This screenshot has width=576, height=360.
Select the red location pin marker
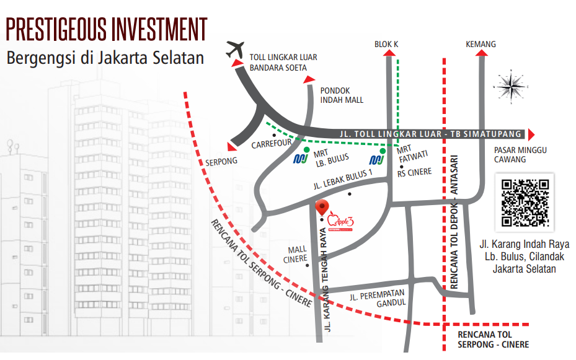[x=322, y=208]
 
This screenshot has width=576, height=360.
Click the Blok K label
[x=386, y=44]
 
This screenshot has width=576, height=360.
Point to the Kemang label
[x=481, y=44]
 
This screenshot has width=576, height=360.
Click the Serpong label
[x=221, y=162]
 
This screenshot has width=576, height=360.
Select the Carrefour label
[x=272, y=144]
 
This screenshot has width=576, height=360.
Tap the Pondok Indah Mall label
[x=342, y=95]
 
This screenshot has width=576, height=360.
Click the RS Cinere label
[x=414, y=172]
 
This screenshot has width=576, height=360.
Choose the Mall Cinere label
[x=296, y=255]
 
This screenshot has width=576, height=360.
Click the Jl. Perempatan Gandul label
[x=377, y=298]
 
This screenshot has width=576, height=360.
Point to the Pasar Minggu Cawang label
[x=510, y=155]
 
